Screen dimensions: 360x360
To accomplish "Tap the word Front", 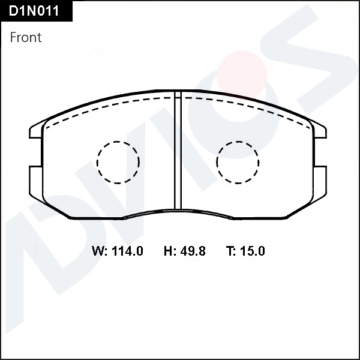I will click(26, 37).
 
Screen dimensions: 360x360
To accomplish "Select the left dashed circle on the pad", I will click(118, 162).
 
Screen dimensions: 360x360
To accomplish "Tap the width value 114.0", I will click(127, 251).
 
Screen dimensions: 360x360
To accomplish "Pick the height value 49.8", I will click(193, 251).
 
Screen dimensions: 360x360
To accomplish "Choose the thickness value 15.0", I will click(252, 251).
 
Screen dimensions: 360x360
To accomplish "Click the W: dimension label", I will click(100, 251).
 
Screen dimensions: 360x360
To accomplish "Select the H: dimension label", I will click(170, 251).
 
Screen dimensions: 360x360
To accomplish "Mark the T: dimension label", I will click(231, 251).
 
